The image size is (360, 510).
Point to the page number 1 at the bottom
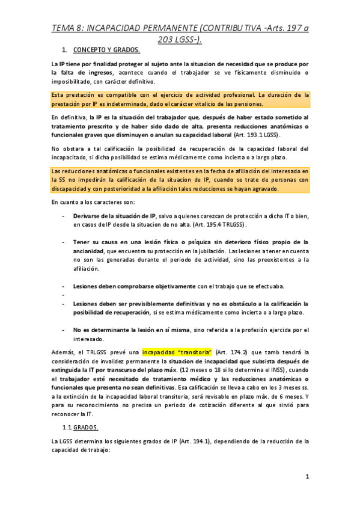pyautogui.click(x=307, y=478)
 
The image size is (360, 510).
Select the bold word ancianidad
pyautogui.click(x=94, y=251)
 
